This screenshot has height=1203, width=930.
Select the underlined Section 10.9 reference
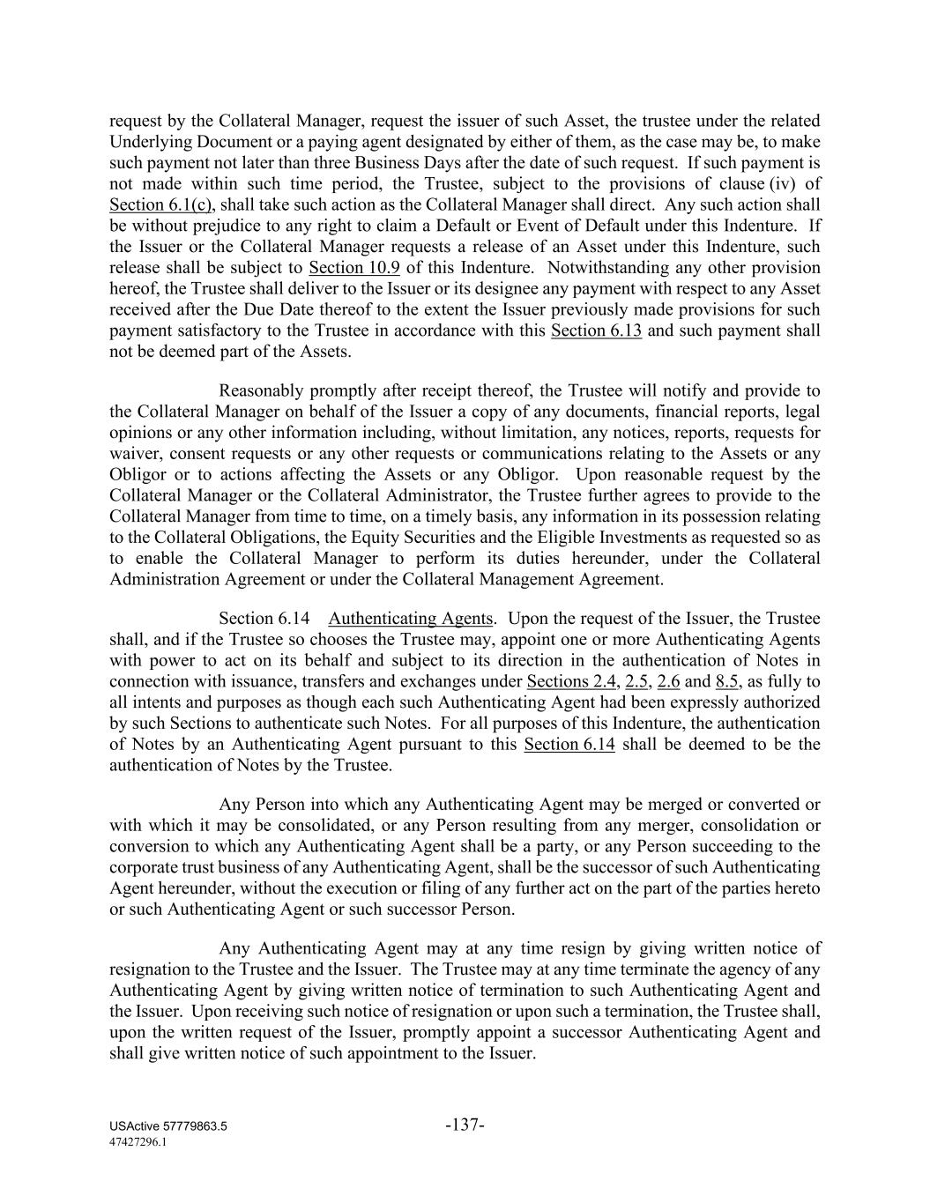click(354, 268)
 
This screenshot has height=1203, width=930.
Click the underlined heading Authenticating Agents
click(410, 619)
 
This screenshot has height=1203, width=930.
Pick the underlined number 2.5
click(636, 681)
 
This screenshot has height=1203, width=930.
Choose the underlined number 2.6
click(668, 681)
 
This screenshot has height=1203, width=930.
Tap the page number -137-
click(465, 1125)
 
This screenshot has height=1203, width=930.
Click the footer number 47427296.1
click(138, 1141)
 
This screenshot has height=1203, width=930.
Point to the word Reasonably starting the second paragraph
click(261, 390)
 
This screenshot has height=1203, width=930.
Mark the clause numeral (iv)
click(782, 184)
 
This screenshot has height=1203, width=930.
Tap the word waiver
click(133, 454)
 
